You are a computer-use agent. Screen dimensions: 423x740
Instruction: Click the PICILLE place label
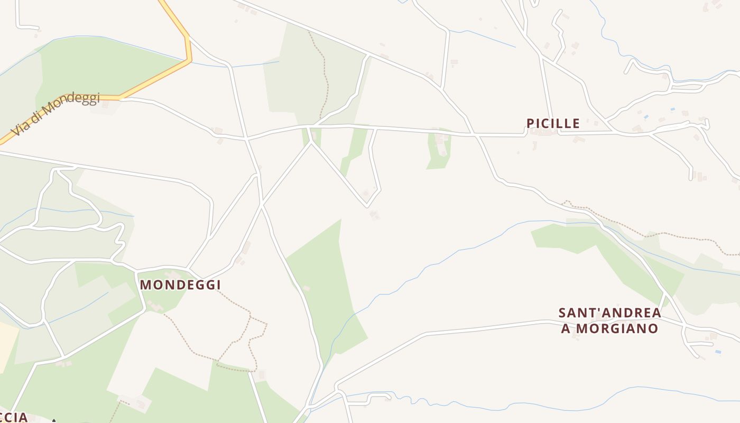tap(553, 123)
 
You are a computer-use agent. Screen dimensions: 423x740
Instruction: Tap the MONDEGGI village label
tap(180, 284)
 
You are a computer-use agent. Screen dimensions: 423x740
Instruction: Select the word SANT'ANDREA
tap(609, 312)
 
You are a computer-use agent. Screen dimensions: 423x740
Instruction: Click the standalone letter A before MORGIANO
tap(566, 328)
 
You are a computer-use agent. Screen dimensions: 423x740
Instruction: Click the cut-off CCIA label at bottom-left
tap(13, 417)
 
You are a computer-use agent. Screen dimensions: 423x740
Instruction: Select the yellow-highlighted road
tap(159, 79)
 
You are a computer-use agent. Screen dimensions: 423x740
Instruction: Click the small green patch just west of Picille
tap(439, 151)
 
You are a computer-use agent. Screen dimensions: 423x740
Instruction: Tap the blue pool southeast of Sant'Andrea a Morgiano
tap(717, 352)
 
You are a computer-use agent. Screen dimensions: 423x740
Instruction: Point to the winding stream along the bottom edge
tap(529, 405)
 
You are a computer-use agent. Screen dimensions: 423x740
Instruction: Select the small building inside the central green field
tap(306, 288)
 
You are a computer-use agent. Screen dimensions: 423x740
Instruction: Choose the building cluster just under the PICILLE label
tap(544, 133)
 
